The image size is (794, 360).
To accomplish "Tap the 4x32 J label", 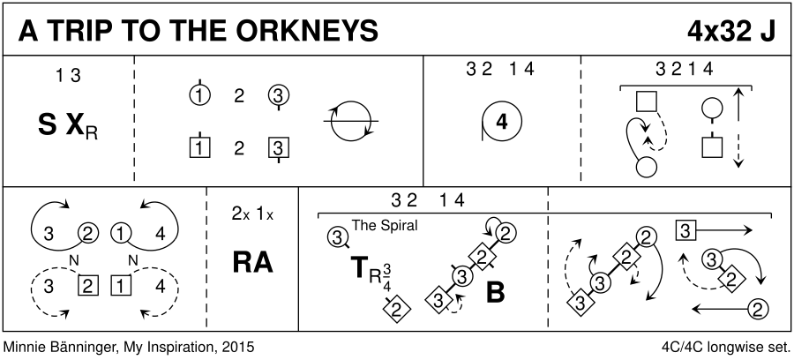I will (733, 31).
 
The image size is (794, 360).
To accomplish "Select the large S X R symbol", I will (68, 128).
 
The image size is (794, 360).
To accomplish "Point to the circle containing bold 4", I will (501, 124).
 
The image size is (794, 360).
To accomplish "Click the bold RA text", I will (252, 262).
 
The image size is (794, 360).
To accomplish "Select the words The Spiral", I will (385, 225).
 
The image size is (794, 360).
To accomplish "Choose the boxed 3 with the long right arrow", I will (684, 230).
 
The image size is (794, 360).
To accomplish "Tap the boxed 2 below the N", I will (86, 285).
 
